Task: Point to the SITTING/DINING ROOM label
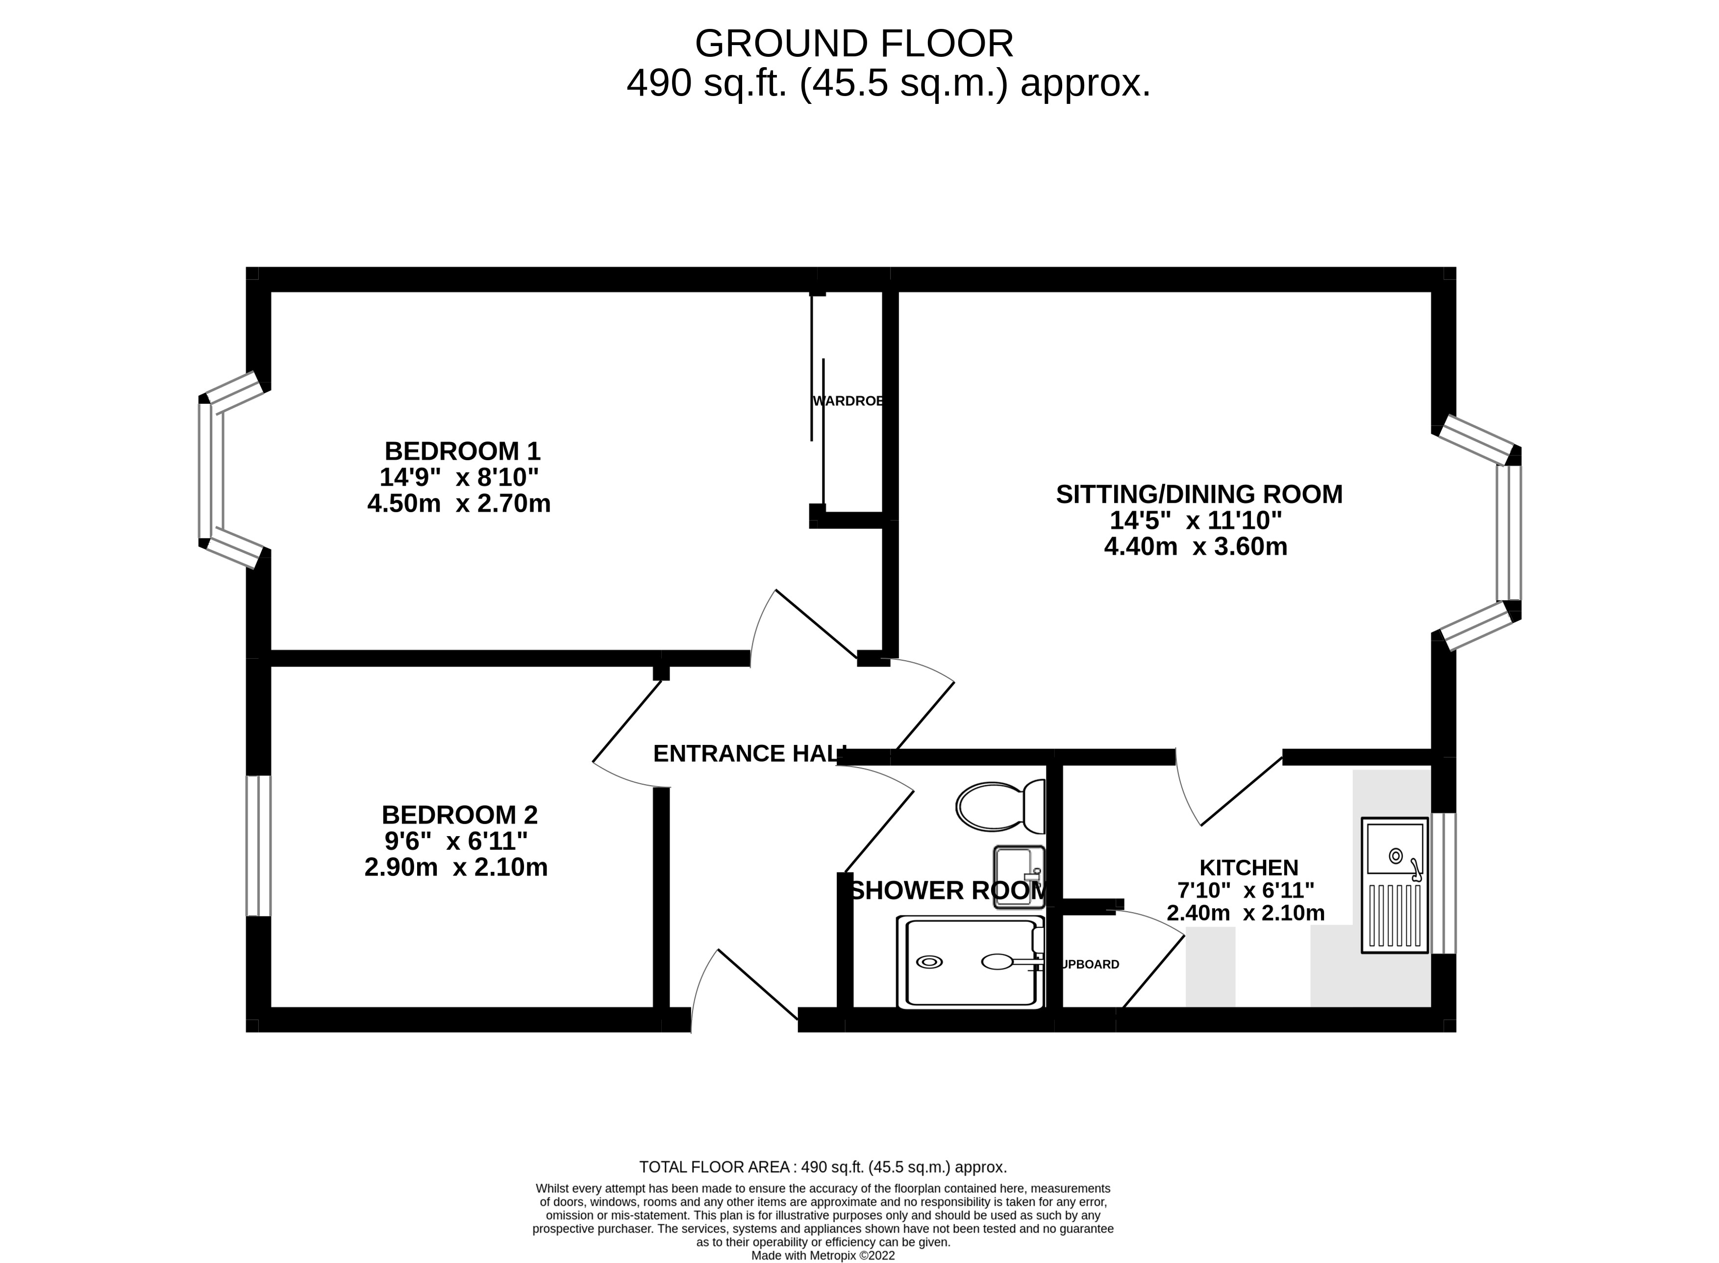[x=1198, y=494]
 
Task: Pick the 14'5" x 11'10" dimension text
[x=1195, y=520]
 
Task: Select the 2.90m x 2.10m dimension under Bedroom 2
[x=456, y=868]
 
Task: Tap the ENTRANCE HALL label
[x=749, y=754]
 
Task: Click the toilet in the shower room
[x=1000, y=807]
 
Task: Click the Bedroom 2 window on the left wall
[x=258, y=845]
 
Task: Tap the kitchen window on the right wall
[x=1443, y=883]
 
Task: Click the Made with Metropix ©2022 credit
[x=823, y=1255]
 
